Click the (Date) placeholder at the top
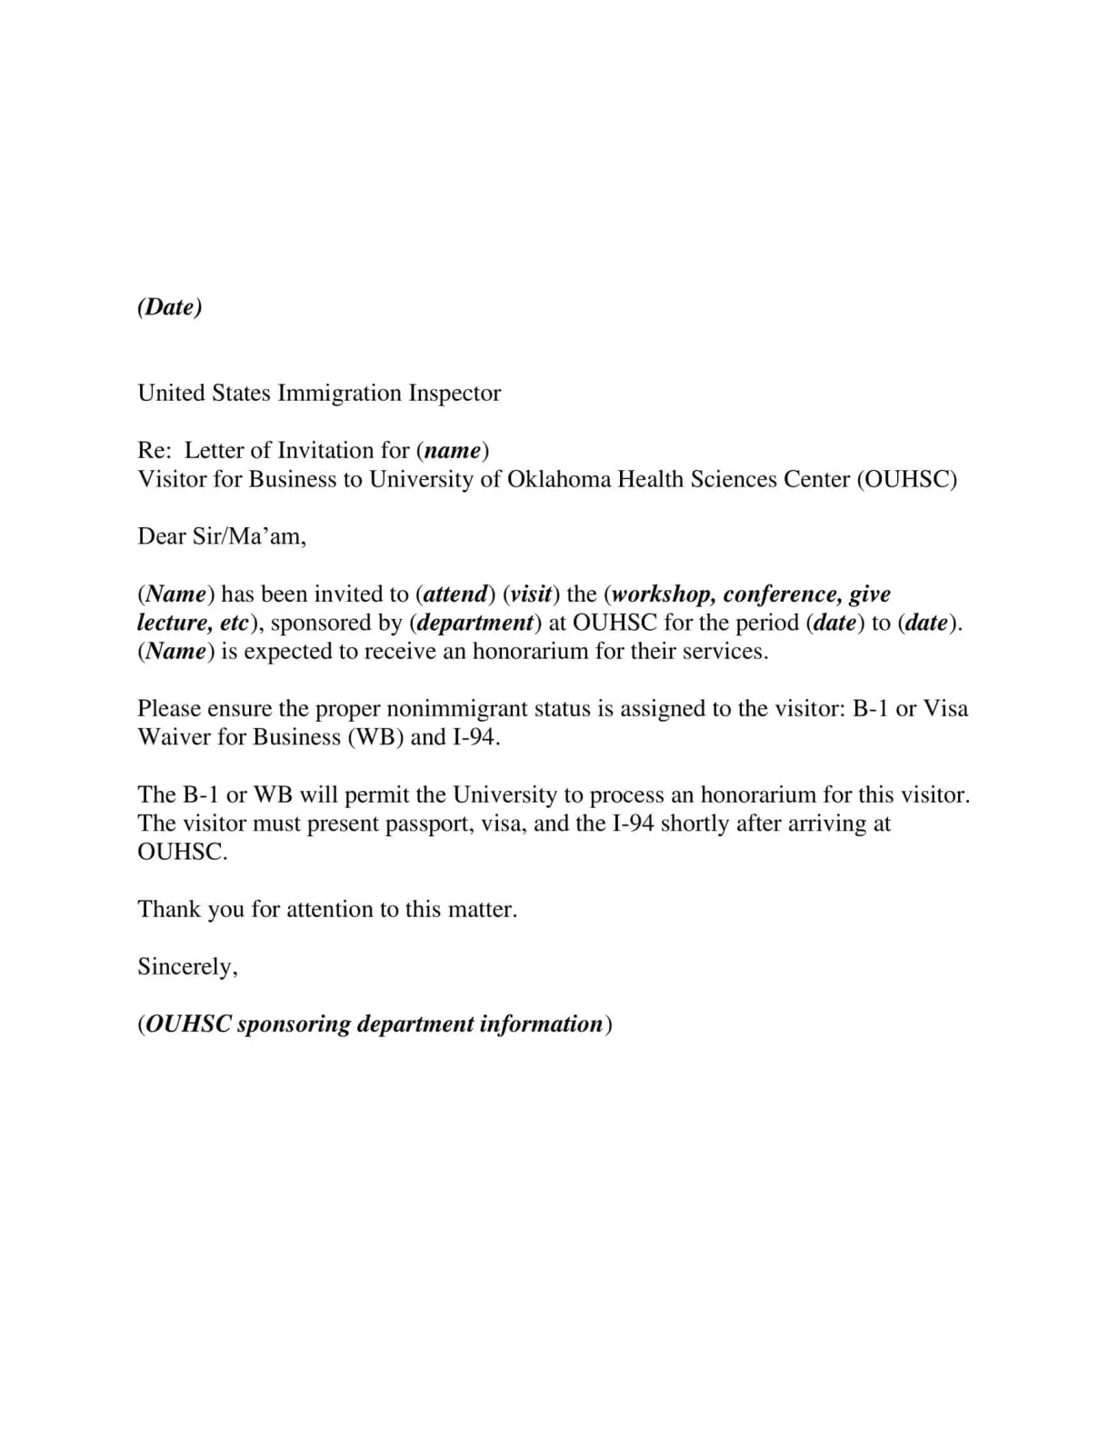coord(170,307)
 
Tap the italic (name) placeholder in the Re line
coord(453,451)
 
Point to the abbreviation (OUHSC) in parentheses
coord(906,480)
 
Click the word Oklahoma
coord(559,480)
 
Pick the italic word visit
coord(531,595)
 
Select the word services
coord(724,652)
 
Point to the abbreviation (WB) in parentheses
coord(375,737)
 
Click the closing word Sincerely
coord(186,967)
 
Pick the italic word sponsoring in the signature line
coord(293,1024)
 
